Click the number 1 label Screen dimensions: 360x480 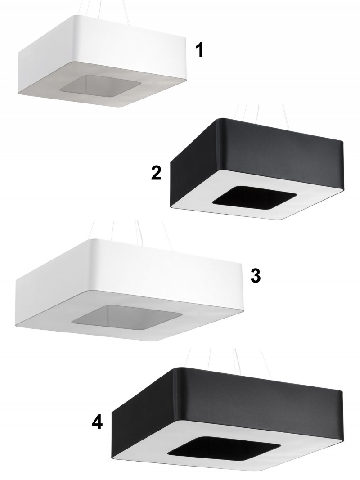point(199,50)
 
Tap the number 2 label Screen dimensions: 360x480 point(156,173)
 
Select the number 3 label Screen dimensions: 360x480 point(256,276)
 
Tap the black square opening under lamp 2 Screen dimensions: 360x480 point(254,197)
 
